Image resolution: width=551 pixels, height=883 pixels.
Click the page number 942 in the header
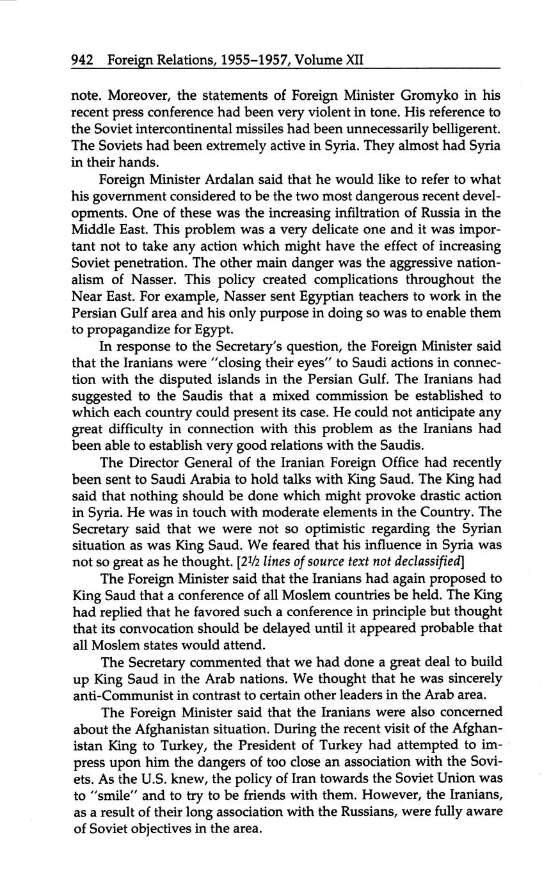pos(83,60)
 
